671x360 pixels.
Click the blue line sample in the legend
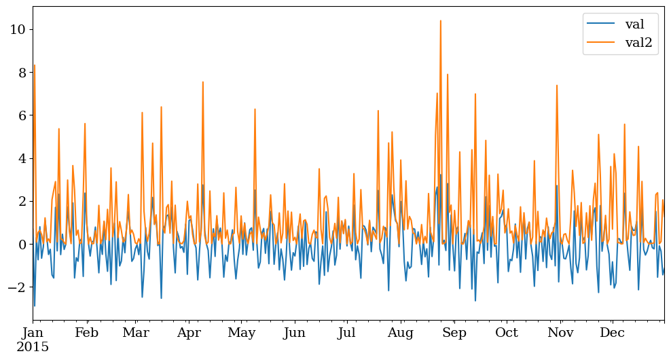point(601,24)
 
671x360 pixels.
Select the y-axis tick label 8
point(20,72)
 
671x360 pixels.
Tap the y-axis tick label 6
point(20,115)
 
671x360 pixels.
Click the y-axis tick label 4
point(20,158)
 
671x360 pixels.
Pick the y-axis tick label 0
point(20,245)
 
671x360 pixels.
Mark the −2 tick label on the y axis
point(16,287)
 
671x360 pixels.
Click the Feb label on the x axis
point(87,334)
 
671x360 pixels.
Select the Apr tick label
point(189,334)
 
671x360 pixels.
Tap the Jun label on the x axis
point(294,334)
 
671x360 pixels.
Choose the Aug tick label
point(401,334)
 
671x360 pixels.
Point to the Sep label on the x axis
point(454,334)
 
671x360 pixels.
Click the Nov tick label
point(560,334)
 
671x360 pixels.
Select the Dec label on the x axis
point(613,334)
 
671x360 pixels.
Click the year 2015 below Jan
point(33,347)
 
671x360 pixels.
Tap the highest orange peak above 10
point(440,21)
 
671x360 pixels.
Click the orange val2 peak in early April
point(202,82)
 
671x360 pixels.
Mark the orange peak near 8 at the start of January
point(34,66)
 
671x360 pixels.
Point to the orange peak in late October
point(556,86)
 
